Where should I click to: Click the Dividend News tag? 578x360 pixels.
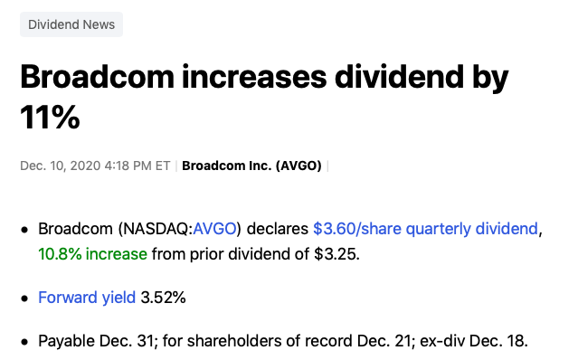tap(71, 24)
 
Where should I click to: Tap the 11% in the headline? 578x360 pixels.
tap(50, 117)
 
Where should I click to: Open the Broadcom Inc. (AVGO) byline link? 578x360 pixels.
tap(251, 166)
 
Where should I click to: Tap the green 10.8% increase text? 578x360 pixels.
tap(92, 254)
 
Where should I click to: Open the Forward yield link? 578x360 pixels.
tap(87, 297)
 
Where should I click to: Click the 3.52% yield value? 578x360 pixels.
tap(163, 297)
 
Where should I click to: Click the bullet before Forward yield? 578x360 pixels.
tap(24, 298)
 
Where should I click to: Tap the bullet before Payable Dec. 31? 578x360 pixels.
tap(24, 342)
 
